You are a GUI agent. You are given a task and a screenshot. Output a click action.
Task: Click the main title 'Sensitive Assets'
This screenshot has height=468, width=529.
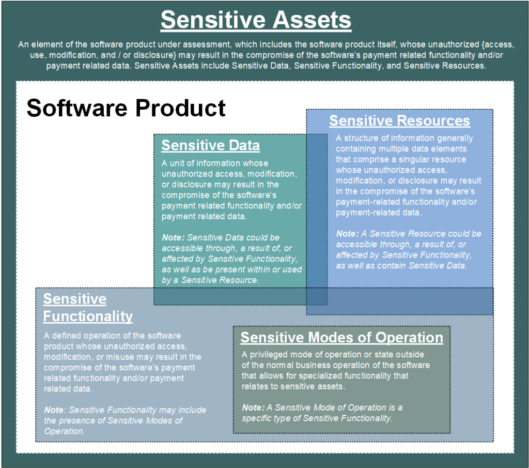click(x=256, y=20)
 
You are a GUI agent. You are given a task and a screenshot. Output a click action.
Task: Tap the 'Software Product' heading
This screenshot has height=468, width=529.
click(x=126, y=108)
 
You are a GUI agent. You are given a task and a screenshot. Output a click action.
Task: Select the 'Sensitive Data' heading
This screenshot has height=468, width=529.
click(x=211, y=145)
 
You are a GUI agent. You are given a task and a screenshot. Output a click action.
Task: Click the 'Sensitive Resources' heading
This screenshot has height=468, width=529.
click(x=399, y=120)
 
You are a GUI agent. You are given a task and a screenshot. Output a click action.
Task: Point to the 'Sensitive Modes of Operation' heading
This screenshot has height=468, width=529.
click(x=342, y=337)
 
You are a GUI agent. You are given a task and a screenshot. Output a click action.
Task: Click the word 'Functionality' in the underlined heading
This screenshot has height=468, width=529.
click(x=88, y=316)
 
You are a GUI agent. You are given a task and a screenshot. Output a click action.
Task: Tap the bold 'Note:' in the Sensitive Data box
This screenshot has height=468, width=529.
click(x=174, y=237)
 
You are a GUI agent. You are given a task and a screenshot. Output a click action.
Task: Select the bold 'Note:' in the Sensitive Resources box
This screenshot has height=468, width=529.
click(x=348, y=234)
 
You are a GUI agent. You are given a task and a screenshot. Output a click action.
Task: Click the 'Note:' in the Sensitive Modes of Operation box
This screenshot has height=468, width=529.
click(x=253, y=407)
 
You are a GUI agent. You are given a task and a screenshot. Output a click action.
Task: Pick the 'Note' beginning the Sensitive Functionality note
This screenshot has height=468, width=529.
click(x=54, y=410)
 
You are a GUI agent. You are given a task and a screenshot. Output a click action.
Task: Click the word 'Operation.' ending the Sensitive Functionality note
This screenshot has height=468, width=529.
click(x=64, y=431)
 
